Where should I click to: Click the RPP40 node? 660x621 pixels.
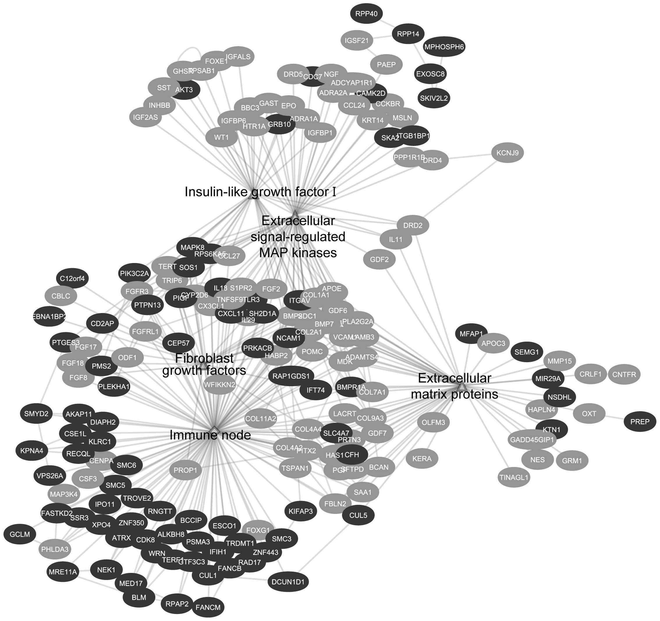[366, 14]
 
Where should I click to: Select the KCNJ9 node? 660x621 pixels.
[507, 153]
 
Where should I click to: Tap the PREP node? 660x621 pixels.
[639, 422]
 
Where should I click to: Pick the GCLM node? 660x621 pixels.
[19, 534]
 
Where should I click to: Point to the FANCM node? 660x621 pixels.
[208, 607]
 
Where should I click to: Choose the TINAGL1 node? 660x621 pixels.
[514, 477]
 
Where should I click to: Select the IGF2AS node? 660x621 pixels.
[145, 117]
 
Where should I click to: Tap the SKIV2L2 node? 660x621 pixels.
[434, 98]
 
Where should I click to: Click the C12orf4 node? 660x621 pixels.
[72, 278]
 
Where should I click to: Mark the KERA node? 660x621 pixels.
[422, 459]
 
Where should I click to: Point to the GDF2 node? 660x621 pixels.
[379, 259]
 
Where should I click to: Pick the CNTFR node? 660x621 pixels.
[624, 374]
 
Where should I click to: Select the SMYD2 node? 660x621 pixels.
[36, 414]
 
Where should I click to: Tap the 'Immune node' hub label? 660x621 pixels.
[210, 435]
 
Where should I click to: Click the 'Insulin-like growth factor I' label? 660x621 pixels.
[260, 192]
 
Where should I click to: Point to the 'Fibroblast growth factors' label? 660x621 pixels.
[204, 364]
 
